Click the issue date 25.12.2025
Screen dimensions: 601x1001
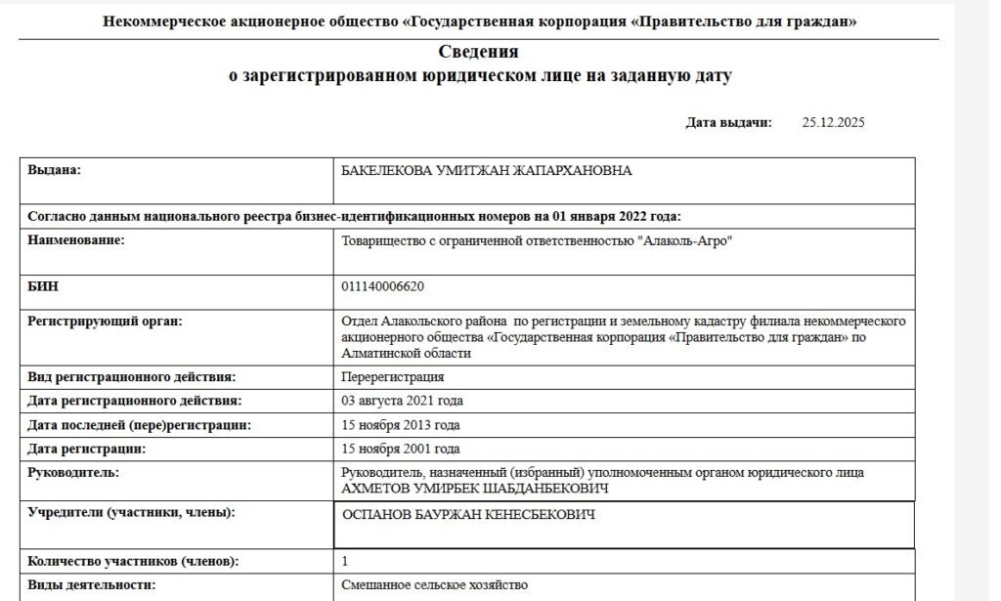[x=833, y=123]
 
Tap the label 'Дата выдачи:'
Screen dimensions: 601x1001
[x=728, y=123]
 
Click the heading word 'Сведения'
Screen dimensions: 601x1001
[x=479, y=52]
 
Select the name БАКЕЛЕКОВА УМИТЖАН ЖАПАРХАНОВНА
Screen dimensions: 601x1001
[x=486, y=171]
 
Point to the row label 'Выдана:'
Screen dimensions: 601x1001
[x=54, y=171]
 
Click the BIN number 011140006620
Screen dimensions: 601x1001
[x=382, y=286]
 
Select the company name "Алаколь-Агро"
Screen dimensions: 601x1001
[x=684, y=241]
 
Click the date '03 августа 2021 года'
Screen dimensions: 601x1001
[x=402, y=401]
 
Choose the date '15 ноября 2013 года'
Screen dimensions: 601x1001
[x=400, y=425]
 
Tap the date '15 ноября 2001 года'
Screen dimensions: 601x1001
[x=400, y=450]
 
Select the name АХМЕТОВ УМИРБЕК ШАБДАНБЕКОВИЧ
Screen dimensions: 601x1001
[x=475, y=488]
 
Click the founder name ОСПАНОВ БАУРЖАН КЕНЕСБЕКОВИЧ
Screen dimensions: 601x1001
[x=468, y=515]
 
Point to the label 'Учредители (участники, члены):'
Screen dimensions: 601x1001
[x=132, y=512]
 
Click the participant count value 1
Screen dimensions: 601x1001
[x=344, y=562]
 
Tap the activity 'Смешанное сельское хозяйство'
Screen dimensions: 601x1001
[x=434, y=585]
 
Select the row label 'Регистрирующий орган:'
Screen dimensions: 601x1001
[x=106, y=322]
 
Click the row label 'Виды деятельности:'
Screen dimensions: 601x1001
[x=91, y=585]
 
